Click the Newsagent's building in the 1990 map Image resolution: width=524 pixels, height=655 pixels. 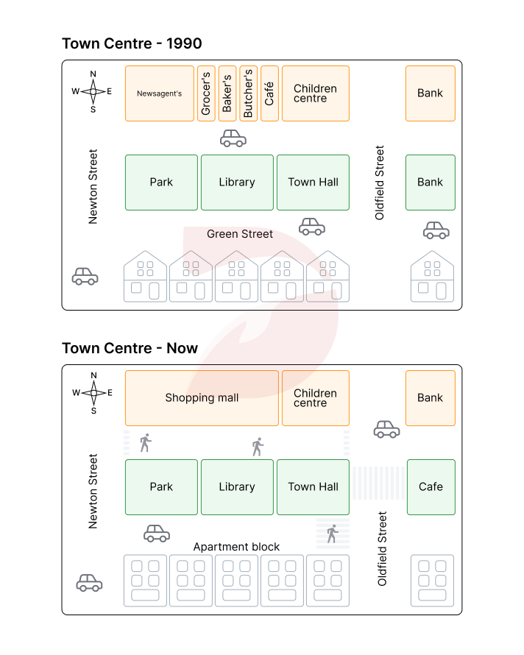(x=160, y=93)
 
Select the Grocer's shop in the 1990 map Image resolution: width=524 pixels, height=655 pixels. (x=206, y=93)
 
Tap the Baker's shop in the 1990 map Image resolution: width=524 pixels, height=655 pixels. (x=227, y=93)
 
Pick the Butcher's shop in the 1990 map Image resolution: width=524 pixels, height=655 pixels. (x=249, y=93)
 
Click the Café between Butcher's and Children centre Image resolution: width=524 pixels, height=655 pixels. (x=269, y=93)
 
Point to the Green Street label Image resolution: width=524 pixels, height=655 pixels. (x=240, y=234)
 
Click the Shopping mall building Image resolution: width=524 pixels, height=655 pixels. (x=202, y=398)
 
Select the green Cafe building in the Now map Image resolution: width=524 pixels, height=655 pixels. (x=431, y=486)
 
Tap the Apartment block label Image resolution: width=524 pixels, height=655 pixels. (x=236, y=547)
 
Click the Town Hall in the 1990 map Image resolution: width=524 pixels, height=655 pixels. (x=313, y=183)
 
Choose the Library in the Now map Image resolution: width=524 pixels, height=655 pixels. (x=237, y=486)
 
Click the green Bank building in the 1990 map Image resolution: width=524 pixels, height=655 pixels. (x=431, y=183)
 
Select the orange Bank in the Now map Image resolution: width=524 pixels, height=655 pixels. (x=431, y=398)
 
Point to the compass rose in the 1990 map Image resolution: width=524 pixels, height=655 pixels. (x=93, y=92)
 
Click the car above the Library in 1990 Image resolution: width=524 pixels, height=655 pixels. (x=233, y=138)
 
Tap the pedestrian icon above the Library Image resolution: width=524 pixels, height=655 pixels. (x=257, y=446)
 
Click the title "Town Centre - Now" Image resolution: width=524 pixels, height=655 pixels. (x=130, y=348)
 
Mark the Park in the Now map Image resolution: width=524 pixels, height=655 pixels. (x=161, y=486)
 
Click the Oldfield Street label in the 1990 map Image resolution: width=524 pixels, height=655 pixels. (x=380, y=183)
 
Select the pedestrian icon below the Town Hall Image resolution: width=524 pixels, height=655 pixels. (x=332, y=534)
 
